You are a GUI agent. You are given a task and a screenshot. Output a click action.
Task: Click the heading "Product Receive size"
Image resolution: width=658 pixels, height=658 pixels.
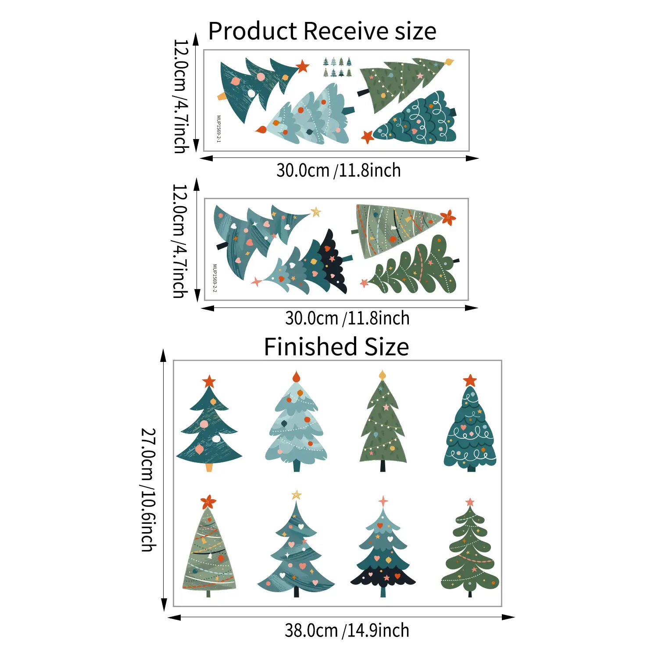coord(322,31)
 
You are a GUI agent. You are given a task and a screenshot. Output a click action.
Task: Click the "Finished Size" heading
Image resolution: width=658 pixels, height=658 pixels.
coord(336,347)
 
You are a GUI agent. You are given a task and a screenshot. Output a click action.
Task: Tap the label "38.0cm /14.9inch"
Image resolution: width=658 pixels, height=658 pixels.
coord(347,630)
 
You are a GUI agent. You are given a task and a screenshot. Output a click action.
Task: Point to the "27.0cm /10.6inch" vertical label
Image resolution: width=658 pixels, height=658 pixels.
coord(148,490)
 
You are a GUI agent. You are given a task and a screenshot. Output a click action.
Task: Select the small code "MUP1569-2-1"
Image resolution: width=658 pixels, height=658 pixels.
coord(219,129)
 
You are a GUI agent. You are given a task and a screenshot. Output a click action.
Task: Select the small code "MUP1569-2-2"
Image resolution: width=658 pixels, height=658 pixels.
coord(215,278)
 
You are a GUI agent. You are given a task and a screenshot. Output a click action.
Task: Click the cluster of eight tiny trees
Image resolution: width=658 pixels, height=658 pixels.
coord(337,67)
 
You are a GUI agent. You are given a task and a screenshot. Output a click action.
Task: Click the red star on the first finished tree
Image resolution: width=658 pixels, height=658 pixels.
coord(209,381)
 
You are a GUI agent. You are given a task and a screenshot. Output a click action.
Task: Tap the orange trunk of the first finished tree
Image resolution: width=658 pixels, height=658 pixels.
coord(209,467)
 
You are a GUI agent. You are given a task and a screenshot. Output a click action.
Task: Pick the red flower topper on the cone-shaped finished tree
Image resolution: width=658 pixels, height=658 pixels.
coord(208,501)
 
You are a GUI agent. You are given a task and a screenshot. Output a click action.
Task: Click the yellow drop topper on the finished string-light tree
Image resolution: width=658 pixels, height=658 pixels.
coord(382,375)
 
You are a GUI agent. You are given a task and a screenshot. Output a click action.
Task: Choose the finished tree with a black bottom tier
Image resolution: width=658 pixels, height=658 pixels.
coord(383,548)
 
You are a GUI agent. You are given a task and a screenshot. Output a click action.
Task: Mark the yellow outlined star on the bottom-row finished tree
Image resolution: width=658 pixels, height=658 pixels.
coord(297,495)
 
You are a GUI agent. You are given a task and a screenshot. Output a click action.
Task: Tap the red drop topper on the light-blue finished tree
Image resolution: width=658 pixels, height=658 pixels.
coord(296,376)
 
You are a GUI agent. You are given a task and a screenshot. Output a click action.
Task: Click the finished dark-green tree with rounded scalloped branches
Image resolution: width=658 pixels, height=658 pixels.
coord(470,548)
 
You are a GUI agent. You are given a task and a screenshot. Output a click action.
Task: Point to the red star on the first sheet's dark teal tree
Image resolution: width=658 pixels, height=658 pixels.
coord(302,67)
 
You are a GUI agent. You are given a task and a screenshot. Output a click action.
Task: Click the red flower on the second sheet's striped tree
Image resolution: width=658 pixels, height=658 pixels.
coord(448,218)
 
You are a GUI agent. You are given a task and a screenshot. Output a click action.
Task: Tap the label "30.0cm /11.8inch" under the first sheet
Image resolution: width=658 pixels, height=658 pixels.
coord(339,170)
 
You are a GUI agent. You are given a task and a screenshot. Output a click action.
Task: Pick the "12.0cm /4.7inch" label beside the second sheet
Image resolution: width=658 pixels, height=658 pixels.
coord(180,241)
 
